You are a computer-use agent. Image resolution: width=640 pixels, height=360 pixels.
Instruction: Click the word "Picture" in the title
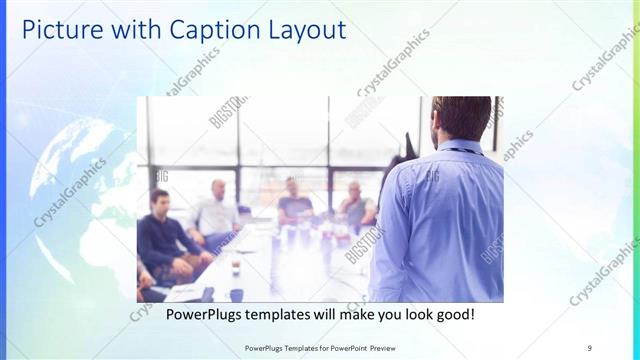[62, 30]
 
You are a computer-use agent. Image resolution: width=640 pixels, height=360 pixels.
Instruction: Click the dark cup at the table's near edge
[236, 294]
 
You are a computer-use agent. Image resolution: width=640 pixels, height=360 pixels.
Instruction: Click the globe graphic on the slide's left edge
[60, 200]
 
